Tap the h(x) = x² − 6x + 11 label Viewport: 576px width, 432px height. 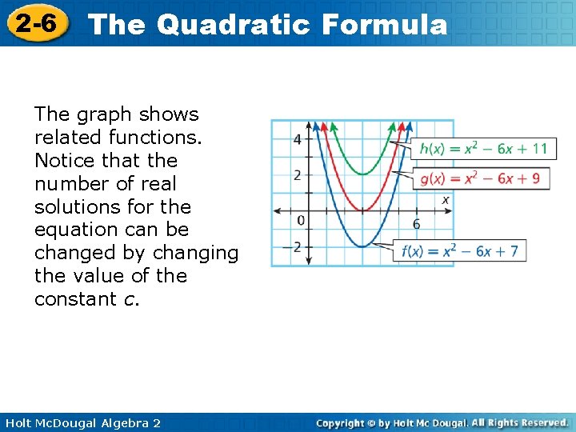click(x=483, y=148)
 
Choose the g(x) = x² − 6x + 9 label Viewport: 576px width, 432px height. click(x=480, y=178)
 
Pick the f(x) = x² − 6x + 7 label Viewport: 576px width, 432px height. click(x=459, y=251)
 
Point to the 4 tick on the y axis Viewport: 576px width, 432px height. click(x=298, y=139)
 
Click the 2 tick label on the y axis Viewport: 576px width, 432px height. click(x=298, y=175)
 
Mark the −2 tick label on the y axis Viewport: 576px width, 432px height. click(x=294, y=246)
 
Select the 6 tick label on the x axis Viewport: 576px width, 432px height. click(x=416, y=224)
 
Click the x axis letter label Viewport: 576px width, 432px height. click(x=446, y=199)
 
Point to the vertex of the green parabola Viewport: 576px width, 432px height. click(x=362, y=174)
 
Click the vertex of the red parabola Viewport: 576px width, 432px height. click(x=362, y=210)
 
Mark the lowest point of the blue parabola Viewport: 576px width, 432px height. click(x=362, y=246)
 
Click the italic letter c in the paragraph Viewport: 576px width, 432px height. click(x=134, y=299)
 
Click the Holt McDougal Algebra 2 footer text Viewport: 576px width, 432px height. click(x=82, y=422)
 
